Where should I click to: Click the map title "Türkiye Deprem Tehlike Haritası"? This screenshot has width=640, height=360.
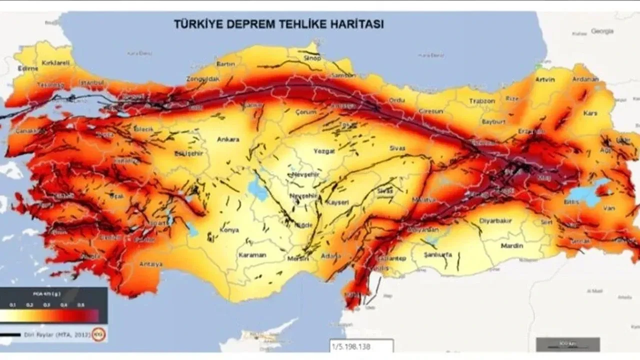tap(278, 24)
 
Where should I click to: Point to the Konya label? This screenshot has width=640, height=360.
tap(228, 230)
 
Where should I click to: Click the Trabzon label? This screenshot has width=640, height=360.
tap(482, 101)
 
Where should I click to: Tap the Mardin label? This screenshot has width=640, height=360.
tap(512, 245)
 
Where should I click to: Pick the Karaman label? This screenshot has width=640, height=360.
tap(252, 255)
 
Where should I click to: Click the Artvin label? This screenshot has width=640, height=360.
tap(544, 79)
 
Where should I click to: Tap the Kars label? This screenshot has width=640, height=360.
tap(590, 113)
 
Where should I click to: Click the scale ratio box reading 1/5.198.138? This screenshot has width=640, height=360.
tap(361, 346)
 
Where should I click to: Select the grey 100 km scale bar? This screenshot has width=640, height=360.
tap(567, 344)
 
